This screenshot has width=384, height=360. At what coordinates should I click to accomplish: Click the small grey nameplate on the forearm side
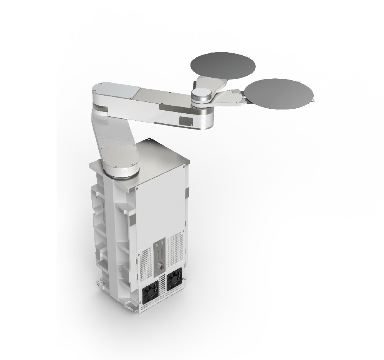point(185,120)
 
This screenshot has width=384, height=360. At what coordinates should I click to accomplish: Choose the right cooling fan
point(174,278)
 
